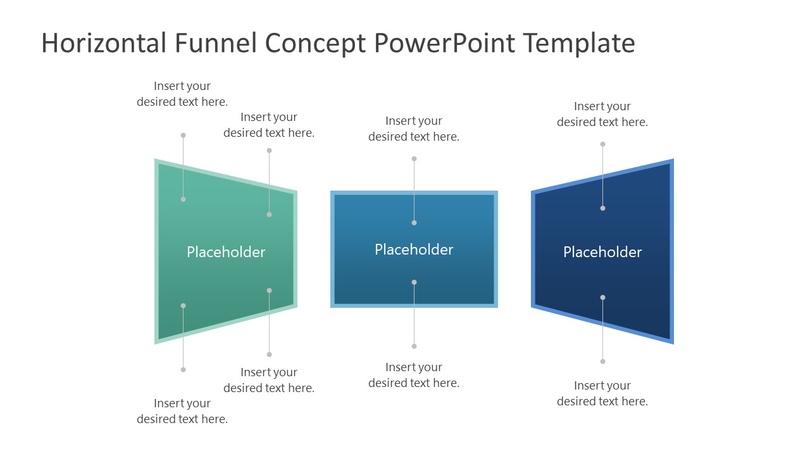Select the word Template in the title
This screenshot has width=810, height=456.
[578, 43]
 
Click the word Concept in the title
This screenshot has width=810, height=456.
[315, 43]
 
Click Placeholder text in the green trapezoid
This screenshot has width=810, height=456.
[226, 252]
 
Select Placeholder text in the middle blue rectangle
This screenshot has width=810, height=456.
[414, 250]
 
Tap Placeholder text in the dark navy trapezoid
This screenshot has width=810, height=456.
[602, 252]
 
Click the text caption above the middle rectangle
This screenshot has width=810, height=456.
[414, 129]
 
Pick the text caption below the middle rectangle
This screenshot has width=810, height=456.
[414, 375]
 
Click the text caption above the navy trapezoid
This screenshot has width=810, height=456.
[602, 114]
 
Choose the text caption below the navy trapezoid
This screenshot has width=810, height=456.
[602, 393]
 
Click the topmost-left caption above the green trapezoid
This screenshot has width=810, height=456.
[182, 94]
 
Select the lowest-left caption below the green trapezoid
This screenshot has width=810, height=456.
[182, 411]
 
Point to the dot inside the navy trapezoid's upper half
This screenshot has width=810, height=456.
[602, 208]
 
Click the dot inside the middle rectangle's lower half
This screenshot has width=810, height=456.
[414, 282]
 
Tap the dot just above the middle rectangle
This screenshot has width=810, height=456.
[414, 159]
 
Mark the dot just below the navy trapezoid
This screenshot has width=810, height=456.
[602, 362]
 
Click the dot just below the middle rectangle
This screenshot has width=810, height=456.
[414, 346]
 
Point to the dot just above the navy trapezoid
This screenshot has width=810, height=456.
[602, 144]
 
